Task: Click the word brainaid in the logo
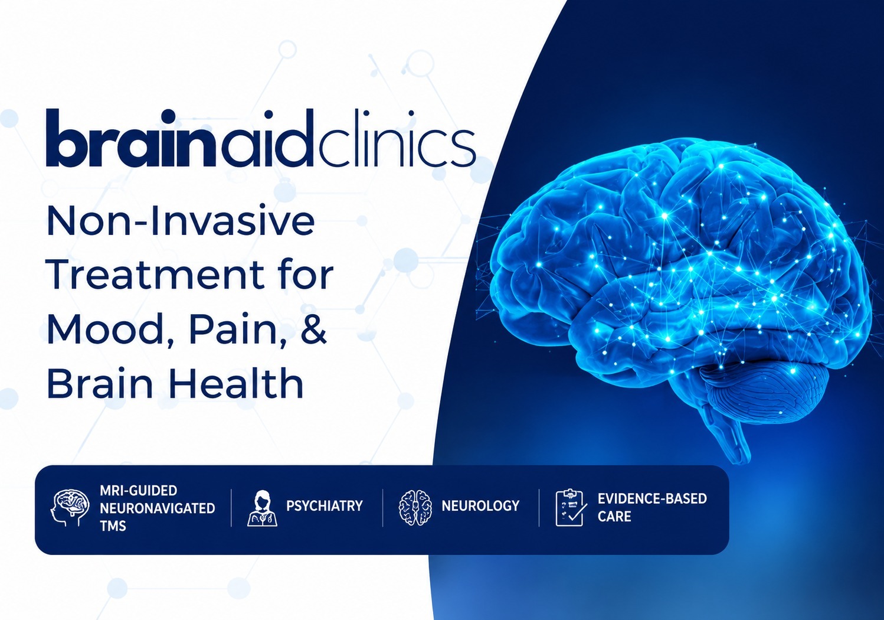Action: pos(179,138)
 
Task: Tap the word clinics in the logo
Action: pos(396,138)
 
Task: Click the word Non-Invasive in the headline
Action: pos(181,221)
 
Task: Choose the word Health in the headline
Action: pos(236,383)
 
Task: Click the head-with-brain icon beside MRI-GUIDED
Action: pos(70,507)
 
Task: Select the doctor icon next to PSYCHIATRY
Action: pos(262,508)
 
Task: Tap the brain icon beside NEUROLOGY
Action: pos(415,507)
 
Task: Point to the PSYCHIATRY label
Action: pos(325,506)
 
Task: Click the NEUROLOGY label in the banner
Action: pos(480,506)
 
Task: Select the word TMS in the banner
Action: pos(113,526)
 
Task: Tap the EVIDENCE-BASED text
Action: pos(652,499)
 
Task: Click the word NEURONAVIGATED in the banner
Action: pos(158,508)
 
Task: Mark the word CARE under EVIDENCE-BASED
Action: pos(614,517)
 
